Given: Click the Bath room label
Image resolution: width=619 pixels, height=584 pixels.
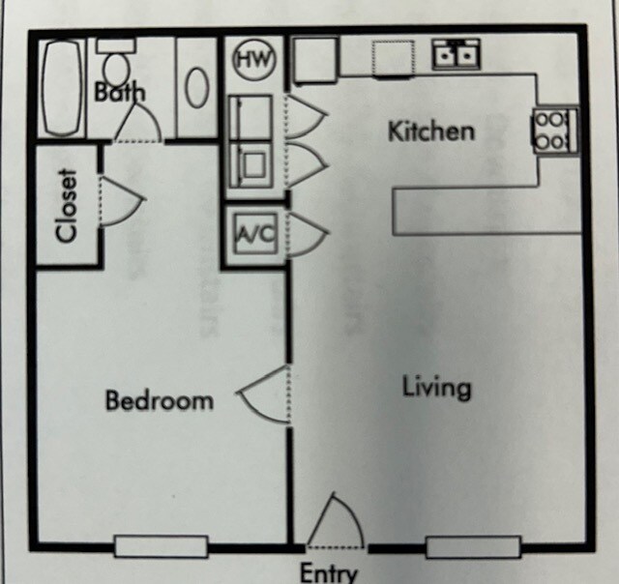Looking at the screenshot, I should pos(120,93).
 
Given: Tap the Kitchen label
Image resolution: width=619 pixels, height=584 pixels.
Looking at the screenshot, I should pos(431,131).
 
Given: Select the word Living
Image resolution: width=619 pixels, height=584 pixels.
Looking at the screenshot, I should pos(437,387).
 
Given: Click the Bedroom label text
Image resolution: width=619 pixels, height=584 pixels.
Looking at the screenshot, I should pos(159,399).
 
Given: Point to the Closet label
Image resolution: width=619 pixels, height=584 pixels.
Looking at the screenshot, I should pos(67,206).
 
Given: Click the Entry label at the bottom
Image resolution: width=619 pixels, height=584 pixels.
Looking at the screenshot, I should pos(329,571).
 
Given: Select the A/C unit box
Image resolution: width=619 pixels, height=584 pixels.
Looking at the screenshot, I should pos(255,235).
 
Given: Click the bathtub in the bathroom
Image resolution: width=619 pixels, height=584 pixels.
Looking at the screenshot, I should pos(61,88).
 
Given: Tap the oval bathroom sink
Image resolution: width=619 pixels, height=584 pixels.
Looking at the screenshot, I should pos(197,88).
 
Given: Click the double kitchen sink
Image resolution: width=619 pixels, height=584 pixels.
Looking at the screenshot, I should pos(455,54).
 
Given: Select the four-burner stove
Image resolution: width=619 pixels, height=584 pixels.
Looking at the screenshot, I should pos(554,130).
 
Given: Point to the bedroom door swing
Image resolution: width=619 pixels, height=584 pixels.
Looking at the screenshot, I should pos(264,395).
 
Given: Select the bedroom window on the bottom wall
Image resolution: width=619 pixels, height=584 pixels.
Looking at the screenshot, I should pos(161,546).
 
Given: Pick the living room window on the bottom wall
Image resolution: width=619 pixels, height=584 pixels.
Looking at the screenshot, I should pos(473,546).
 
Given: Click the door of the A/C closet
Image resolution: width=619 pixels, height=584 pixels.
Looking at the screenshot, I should pos(308,235).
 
